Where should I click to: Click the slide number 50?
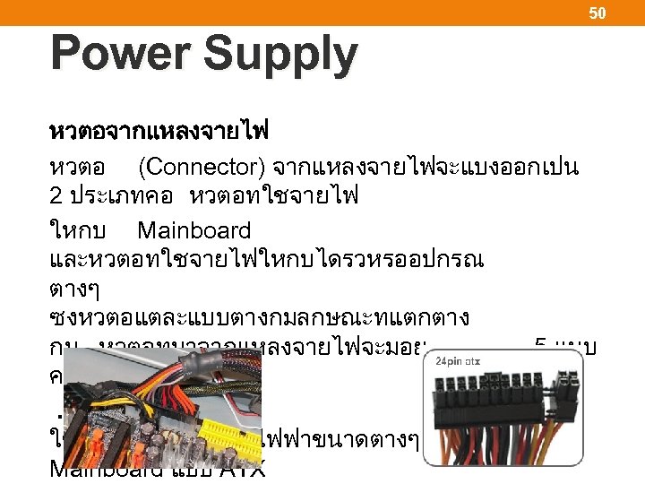tap(598, 13)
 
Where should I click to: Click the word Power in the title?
tap(116, 54)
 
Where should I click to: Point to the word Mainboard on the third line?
tap(193, 230)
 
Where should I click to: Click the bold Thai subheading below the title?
tap(159, 133)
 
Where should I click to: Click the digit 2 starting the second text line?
tap(56, 198)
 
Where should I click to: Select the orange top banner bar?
tap(322, 13)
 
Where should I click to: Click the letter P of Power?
tap(65, 54)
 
